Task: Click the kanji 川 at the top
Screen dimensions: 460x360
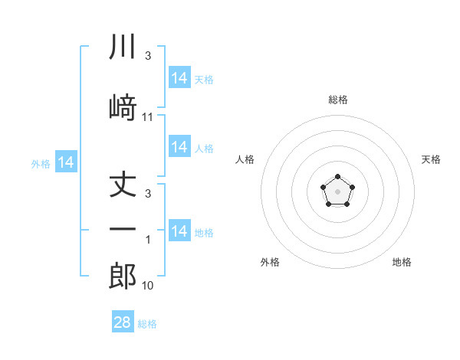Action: (123, 46)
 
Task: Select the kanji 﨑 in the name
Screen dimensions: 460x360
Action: (123, 107)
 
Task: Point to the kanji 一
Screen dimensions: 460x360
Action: (123, 229)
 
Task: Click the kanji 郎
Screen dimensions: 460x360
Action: (123, 276)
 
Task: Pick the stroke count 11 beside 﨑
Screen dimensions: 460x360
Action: (147, 117)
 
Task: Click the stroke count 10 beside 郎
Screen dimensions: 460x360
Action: (147, 285)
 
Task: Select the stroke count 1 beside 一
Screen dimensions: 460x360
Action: (148, 240)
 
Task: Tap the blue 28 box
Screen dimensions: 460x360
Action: (123, 321)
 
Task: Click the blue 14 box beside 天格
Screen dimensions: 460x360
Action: (179, 77)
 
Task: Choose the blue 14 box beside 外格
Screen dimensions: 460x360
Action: (66, 162)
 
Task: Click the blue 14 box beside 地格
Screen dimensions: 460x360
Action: (179, 230)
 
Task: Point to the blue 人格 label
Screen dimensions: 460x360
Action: (204, 149)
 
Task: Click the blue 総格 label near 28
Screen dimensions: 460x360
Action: (147, 324)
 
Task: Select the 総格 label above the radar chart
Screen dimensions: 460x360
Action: (338, 100)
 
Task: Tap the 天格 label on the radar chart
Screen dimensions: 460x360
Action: (431, 159)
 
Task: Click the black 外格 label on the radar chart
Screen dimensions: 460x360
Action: (270, 262)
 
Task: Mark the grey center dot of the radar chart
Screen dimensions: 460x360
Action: (337, 191)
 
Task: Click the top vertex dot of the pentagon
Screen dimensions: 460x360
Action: (337, 176)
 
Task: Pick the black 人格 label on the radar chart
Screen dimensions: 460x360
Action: (245, 159)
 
